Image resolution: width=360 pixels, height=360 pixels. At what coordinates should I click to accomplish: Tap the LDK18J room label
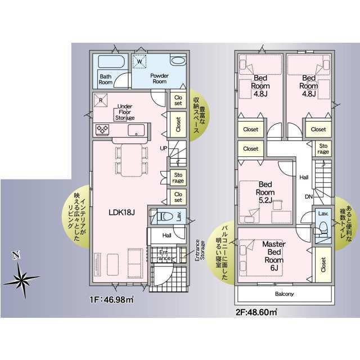121,213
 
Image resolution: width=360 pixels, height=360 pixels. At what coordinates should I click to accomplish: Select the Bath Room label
105,79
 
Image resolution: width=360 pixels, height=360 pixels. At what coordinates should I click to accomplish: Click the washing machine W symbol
139,61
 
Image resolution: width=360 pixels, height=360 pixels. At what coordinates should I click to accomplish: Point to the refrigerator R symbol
101,100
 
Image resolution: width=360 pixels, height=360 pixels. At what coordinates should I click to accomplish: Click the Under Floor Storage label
125,112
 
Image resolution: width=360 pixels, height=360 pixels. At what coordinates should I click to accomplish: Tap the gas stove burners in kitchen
102,129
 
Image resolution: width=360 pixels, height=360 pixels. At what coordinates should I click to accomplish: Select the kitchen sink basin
136,130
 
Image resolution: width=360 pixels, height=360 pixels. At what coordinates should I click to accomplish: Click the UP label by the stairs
164,148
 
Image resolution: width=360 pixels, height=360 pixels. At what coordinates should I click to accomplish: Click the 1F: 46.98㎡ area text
111,300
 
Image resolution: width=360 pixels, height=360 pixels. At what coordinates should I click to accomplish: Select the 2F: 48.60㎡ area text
256,312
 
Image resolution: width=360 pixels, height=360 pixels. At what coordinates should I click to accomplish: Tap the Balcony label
284,294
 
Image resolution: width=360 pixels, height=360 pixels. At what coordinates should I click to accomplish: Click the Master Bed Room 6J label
274,256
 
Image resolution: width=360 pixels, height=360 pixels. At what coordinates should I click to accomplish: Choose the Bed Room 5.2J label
265,192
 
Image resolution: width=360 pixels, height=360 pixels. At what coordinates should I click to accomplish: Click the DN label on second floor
309,197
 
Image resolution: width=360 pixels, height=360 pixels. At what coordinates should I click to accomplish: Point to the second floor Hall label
304,177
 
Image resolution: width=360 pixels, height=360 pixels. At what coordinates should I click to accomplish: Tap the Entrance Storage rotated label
200,250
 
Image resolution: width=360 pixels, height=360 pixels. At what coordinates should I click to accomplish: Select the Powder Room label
159,79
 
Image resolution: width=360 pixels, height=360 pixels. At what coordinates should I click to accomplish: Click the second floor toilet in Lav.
323,227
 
